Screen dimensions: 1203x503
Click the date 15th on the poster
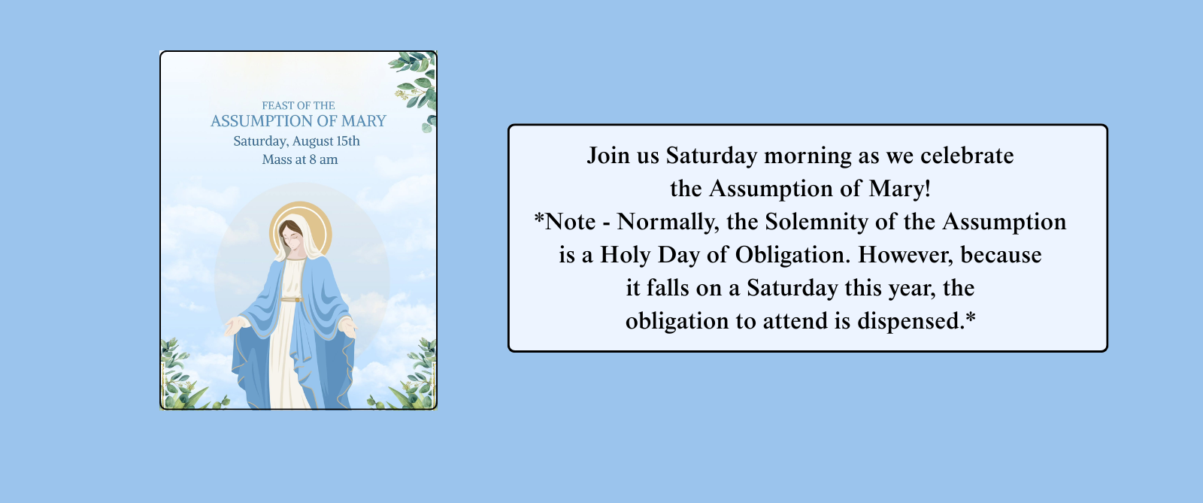point(348,141)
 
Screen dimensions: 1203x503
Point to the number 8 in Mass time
point(313,159)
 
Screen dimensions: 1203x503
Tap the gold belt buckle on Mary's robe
point(297,299)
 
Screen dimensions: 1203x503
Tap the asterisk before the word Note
point(539,218)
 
